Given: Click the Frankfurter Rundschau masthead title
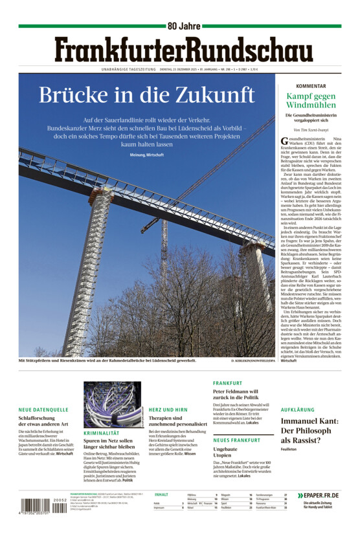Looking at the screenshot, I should pyautogui.click(x=179, y=49).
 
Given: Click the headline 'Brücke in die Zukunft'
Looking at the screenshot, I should pyautogui.click(x=146, y=94).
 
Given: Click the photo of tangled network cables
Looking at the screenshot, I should pyautogui.click(x=112, y=404).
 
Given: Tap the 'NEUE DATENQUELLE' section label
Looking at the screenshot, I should pyautogui.click(x=43, y=410).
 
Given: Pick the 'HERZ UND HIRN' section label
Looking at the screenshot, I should pyautogui.click(x=168, y=410).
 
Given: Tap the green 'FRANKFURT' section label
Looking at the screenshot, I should pyautogui.click(x=227, y=383).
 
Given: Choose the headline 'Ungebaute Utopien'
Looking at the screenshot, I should pyautogui.click(x=227, y=452).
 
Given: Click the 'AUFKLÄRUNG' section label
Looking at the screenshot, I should pyautogui.click(x=298, y=410).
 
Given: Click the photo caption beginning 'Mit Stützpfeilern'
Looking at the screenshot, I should pyautogui.click(x=107, y=360).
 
